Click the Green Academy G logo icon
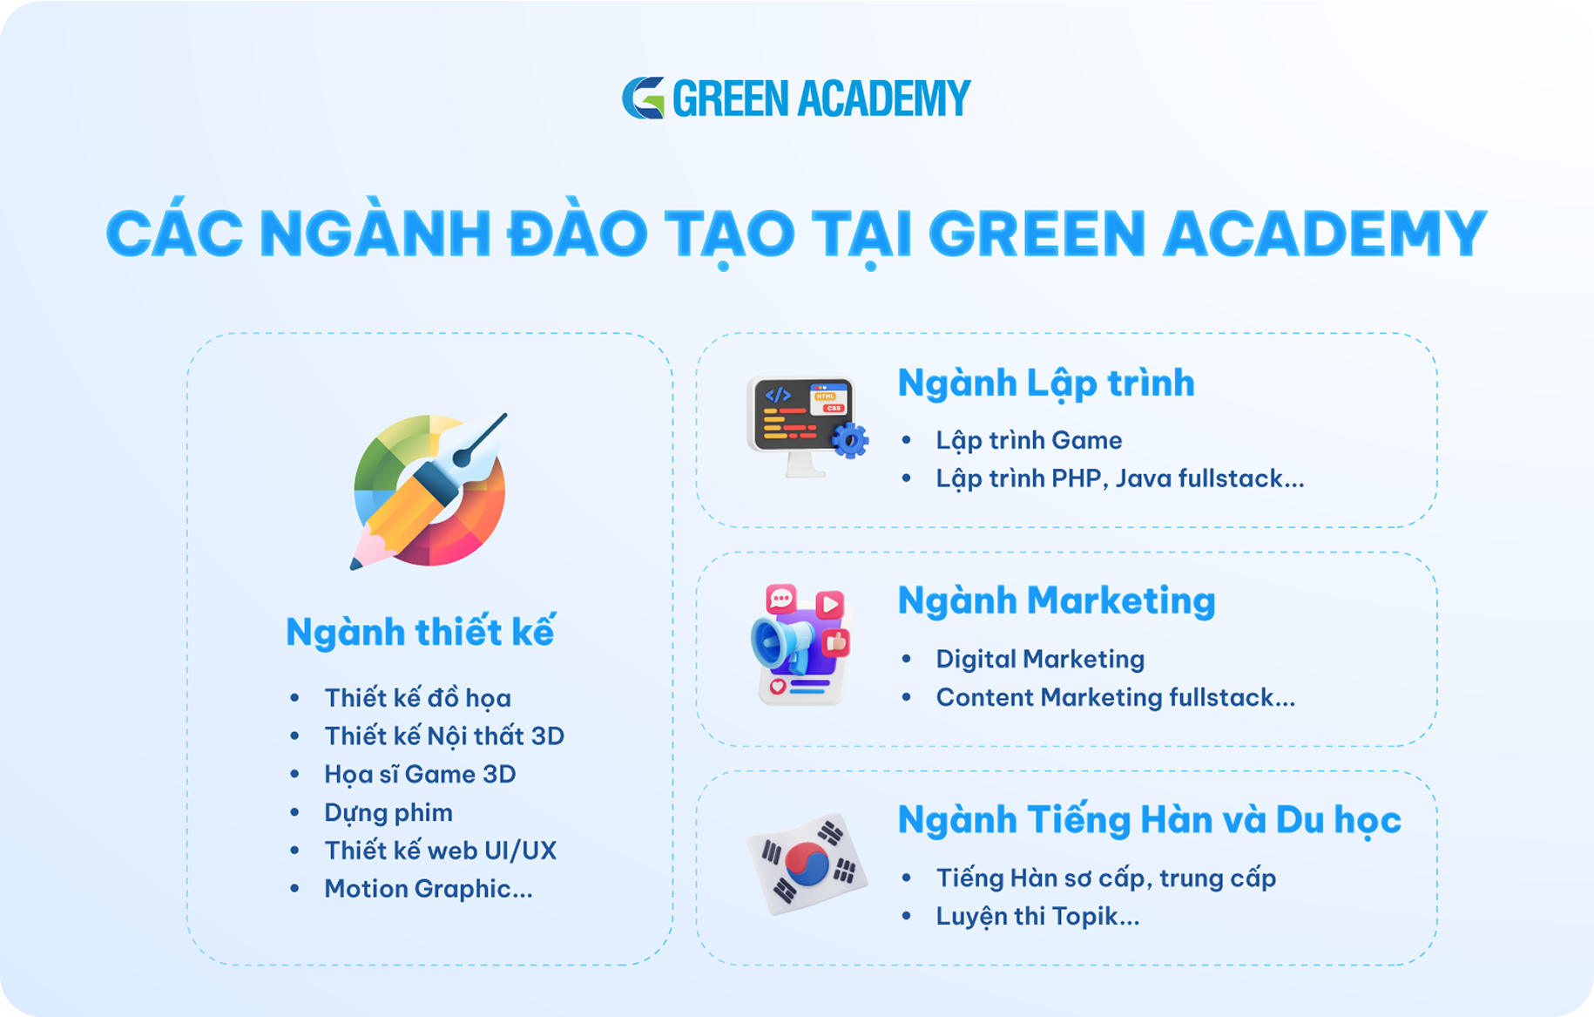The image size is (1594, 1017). (x=644, y=98)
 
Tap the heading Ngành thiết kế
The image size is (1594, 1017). (x=421, y=632)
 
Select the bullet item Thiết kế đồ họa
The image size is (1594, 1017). (x=417, y=698)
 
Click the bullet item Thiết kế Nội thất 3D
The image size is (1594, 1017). (x=444, y=736)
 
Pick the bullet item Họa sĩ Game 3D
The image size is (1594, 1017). (x=420, y=775)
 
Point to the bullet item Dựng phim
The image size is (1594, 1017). (x=388, y=813)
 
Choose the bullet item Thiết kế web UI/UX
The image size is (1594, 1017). (x=440, y=851)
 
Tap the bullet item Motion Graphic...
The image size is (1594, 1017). (x=428, y=889)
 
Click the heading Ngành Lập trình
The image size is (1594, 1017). (x=1046, y=383)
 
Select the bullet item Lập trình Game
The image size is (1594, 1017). (x=1029, y=441)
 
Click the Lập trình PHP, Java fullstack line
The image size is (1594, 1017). (x=1120, y=478)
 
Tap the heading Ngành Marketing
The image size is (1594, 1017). (x=1057, y=601)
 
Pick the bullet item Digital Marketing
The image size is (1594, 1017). (x=1040, y=659)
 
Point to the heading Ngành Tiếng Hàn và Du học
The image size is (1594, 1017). (x=1150, y=820)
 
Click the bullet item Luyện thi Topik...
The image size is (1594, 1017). (x=1037, y=917)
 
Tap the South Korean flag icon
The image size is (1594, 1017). (x=807, y=864)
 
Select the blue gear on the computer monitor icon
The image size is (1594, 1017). (x=850, y=440)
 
